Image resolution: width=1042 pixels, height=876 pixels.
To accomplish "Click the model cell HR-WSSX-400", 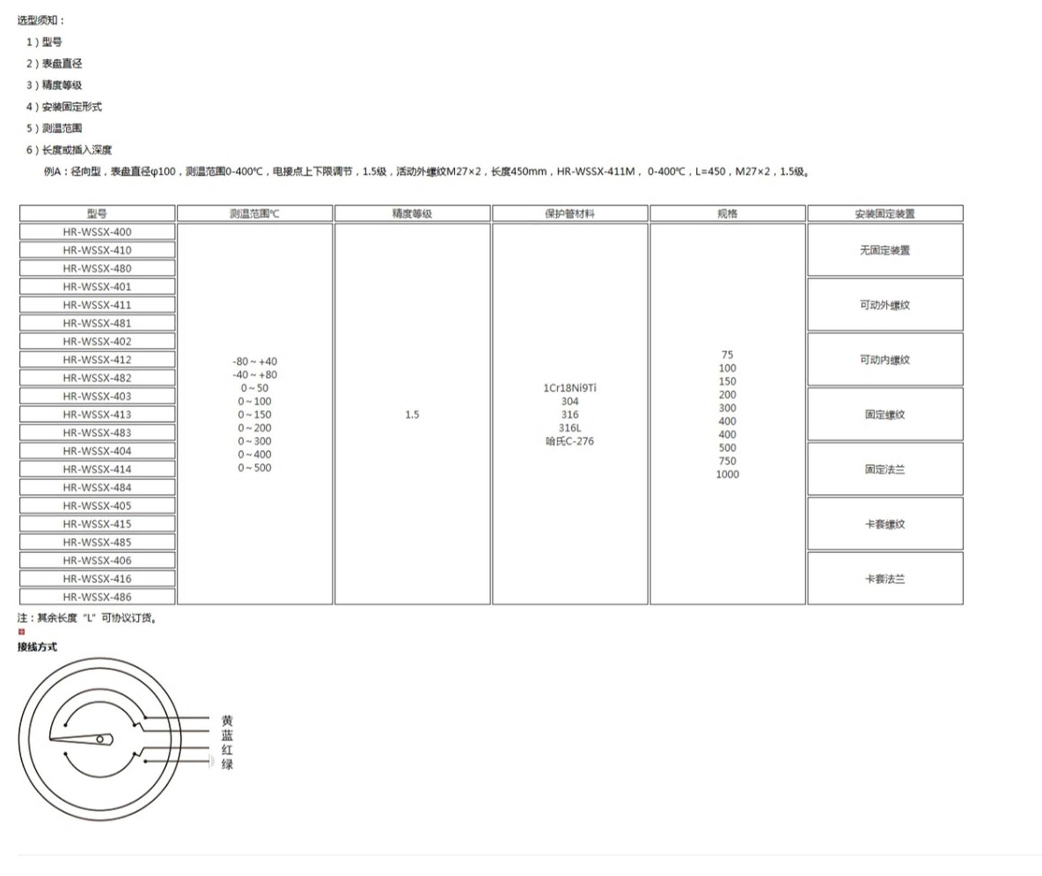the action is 97,232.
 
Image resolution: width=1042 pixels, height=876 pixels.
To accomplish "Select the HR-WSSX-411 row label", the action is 97,304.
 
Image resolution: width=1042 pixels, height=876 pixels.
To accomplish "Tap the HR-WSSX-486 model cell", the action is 97,596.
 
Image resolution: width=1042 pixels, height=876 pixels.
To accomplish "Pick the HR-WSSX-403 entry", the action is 97,396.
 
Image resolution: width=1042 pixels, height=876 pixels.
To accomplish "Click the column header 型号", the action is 97,213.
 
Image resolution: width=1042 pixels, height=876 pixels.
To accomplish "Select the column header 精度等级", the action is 412,213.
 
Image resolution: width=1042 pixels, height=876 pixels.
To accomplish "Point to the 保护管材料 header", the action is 570,213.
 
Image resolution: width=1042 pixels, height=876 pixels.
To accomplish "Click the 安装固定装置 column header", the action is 885,213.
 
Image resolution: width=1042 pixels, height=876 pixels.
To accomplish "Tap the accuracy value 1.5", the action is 412,415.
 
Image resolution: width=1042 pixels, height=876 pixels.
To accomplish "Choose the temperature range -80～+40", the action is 255,361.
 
